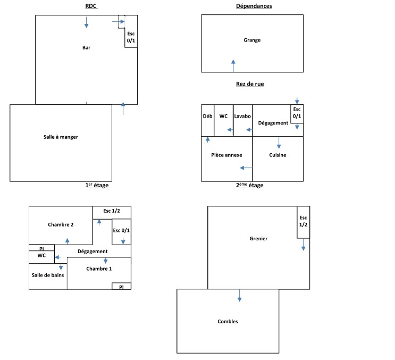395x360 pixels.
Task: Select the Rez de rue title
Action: click(x=250, y=84)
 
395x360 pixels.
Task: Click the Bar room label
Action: click(x=86, y=48)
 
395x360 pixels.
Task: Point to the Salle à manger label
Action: click(x=61, y=137)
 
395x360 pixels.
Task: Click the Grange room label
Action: click(x=252, y=40)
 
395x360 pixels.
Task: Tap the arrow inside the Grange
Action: click(x=233, y=65)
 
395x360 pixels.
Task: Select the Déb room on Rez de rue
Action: click(x=207, y=116)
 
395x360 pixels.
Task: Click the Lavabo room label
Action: click(x=242, y=116)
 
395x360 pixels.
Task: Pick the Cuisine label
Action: click(x=277, y=155)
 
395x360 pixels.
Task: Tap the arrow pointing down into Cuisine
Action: click(x=279, y=143)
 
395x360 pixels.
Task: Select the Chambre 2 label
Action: click(x=61, y=224)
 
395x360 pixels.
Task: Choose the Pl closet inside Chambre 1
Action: click(x=121, y=286)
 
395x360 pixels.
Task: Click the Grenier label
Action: click(x=258, y=239)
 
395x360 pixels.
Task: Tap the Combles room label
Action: click(x=228, y=321)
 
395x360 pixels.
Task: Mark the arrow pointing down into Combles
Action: click(x=240, y=296)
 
